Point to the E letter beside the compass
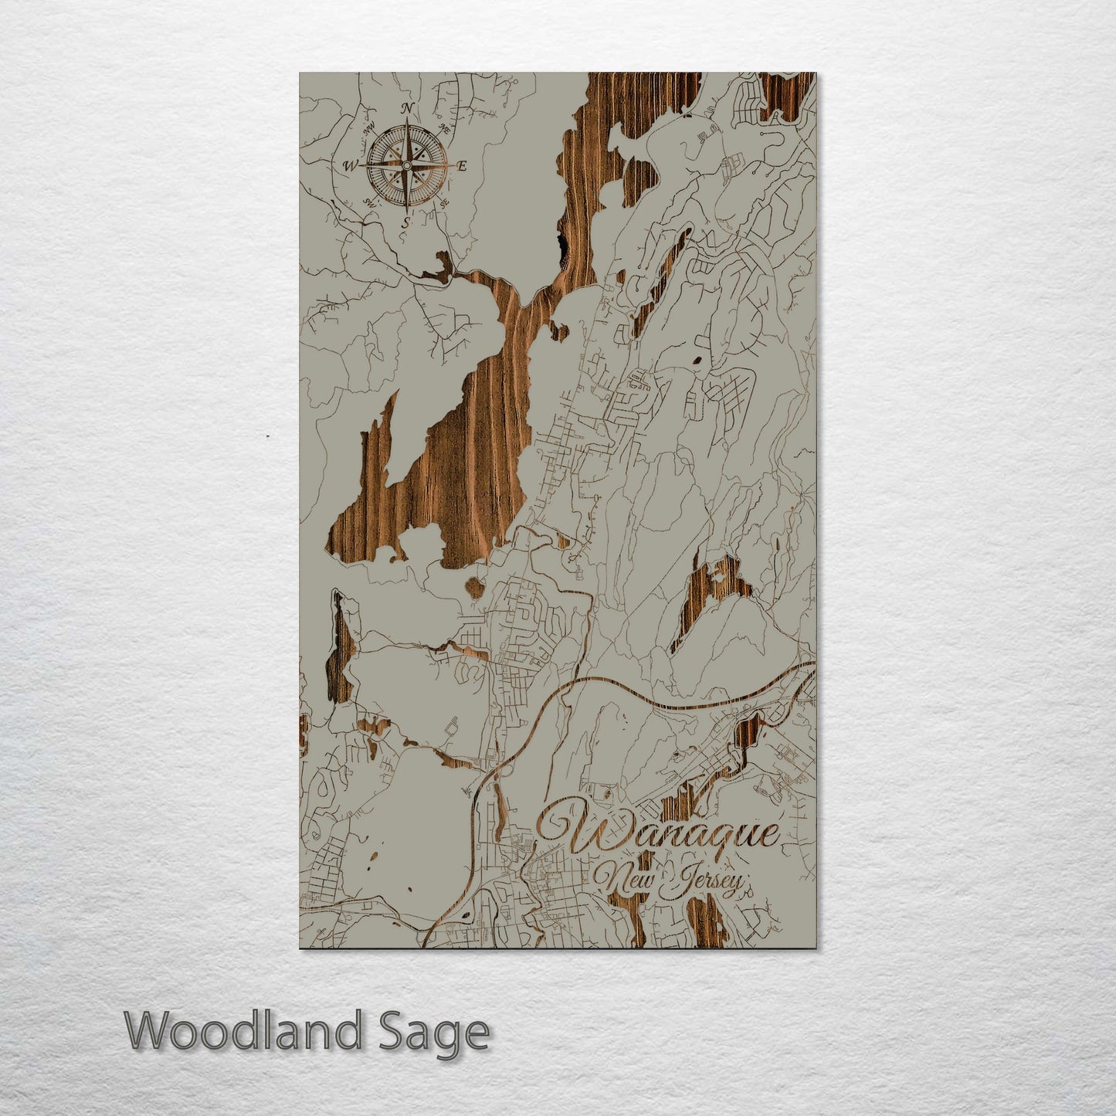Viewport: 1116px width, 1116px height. (463, 165)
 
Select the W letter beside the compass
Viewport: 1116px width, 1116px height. (350, 165)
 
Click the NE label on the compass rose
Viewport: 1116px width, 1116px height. (444, 127)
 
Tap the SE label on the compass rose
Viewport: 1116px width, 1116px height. (444, 203)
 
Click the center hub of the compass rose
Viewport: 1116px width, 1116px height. (406, 165)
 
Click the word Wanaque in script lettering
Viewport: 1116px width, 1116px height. (660, 831)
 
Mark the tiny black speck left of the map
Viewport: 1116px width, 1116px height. (267, 436)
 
